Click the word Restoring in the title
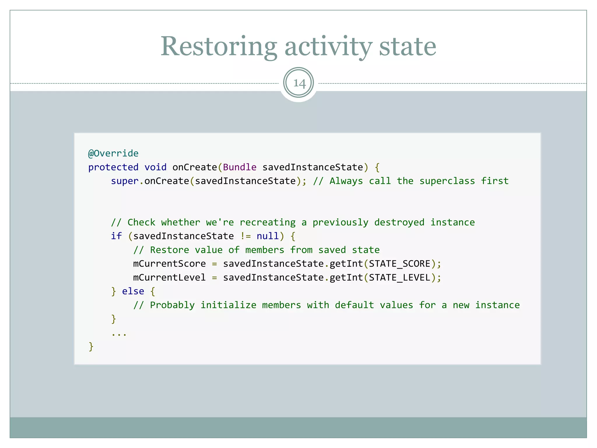[219, 47]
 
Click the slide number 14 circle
[298, 83]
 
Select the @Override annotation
[113, 153]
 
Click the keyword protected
[113, 167]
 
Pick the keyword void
[155, 167]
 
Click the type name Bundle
[240, 167]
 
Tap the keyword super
[124, 181]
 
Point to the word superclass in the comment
[447, 181]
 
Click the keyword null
[268, 236]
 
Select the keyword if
[116, 236]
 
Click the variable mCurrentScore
[169, 264]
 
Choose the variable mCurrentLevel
[169, 277]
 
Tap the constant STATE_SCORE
[400, 264]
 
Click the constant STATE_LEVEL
[400, 277]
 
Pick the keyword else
[133, 291]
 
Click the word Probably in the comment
[172, 305]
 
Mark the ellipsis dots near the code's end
[119, 334]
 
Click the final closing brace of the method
[91, 346]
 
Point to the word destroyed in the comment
[399, 222]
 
